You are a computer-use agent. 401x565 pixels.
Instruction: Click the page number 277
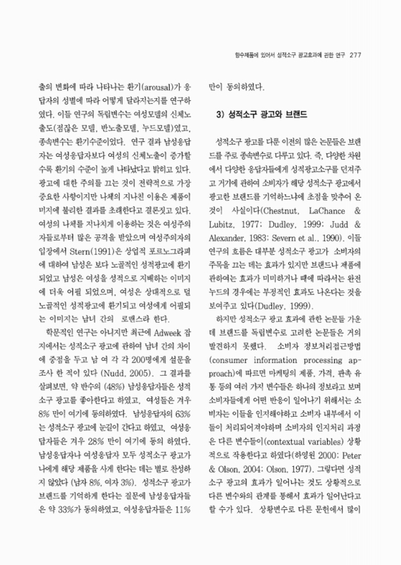click(x=355, y=55)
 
